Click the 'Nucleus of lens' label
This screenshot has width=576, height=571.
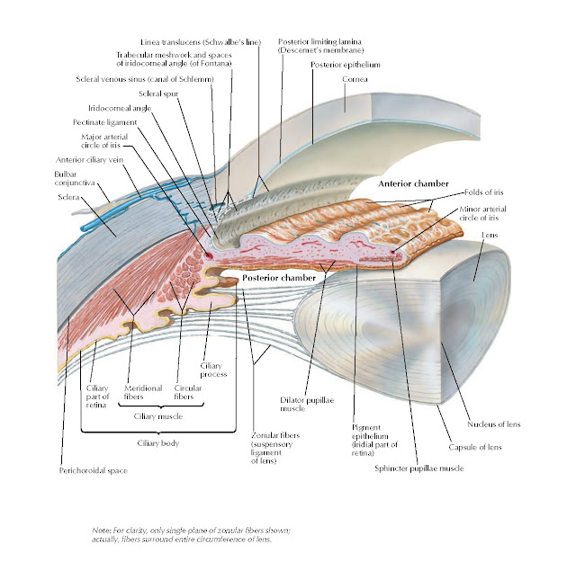[x=492, y=424]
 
